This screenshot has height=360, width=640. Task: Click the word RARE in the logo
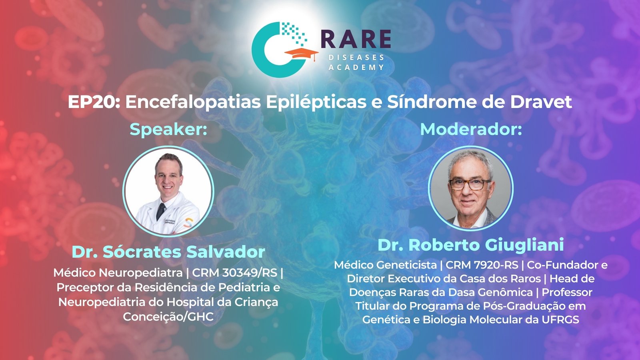[356, 39]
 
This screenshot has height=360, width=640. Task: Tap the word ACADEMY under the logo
[356, 68]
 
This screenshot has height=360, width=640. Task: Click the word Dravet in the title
[541, 102]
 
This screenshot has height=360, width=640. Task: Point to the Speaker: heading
[168, 130]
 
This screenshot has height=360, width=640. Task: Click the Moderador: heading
[471, 130]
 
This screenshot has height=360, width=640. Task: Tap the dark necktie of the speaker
[160, 212]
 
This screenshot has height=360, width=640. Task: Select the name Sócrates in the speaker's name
[142, 252]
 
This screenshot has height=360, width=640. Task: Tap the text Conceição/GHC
[168, 317]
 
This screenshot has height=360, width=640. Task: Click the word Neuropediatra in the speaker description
[140, 273]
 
